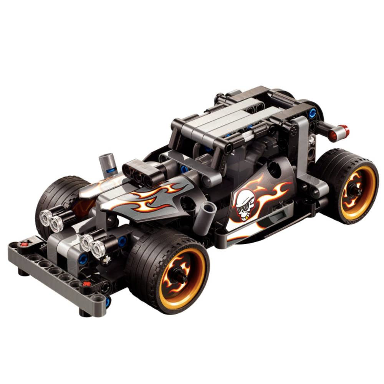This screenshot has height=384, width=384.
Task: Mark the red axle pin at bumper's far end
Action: (25, 243)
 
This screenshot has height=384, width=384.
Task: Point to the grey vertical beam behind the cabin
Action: (303, 146)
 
